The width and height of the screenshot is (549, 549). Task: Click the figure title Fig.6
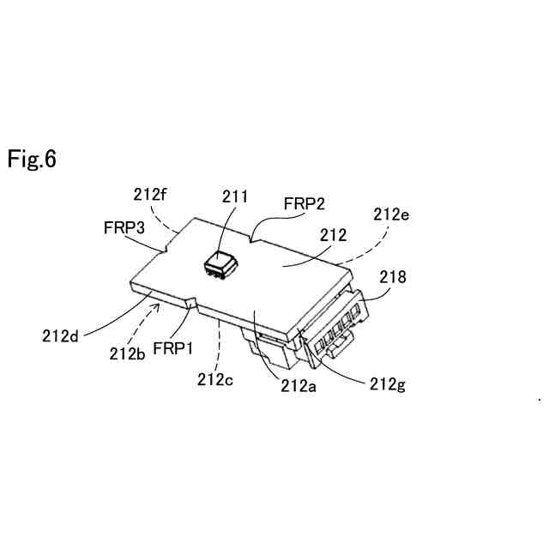[33, 159]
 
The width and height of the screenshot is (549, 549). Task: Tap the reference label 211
[232, 197]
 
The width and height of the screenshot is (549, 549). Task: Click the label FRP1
[174, 350]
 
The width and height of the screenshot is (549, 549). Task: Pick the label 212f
[151, 194]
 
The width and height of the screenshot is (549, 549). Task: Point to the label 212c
[216, 378]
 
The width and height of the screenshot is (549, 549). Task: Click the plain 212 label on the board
[333, 234]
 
